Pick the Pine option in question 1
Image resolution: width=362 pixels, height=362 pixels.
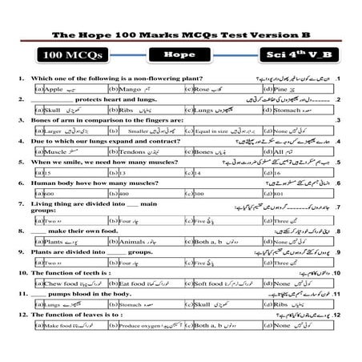[284, 90]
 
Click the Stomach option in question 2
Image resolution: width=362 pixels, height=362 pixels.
[289, 110]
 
